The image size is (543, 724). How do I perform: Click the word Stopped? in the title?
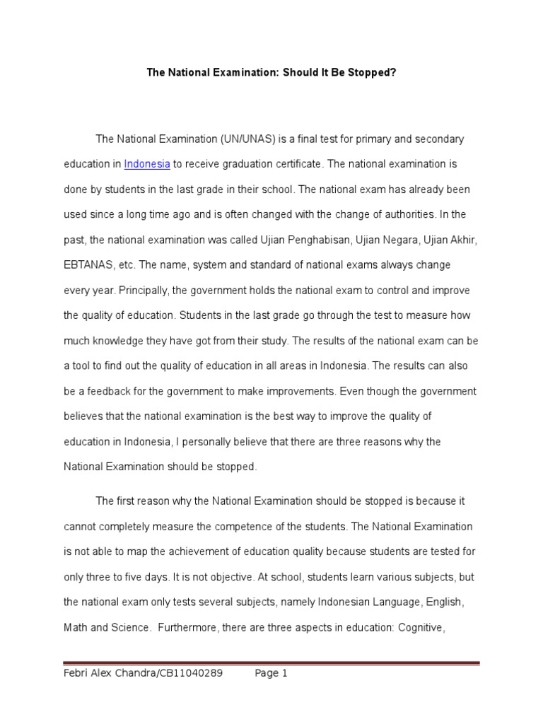pyautogui.click(x=365, y=72)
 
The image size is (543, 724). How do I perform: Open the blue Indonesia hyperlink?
pyautogui.click(x=147, y=164)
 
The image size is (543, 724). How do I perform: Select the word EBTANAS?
pyautogui.click(x=88, y=264)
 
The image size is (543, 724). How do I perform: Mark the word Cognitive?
pyautogui.click(x=421, y=627)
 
